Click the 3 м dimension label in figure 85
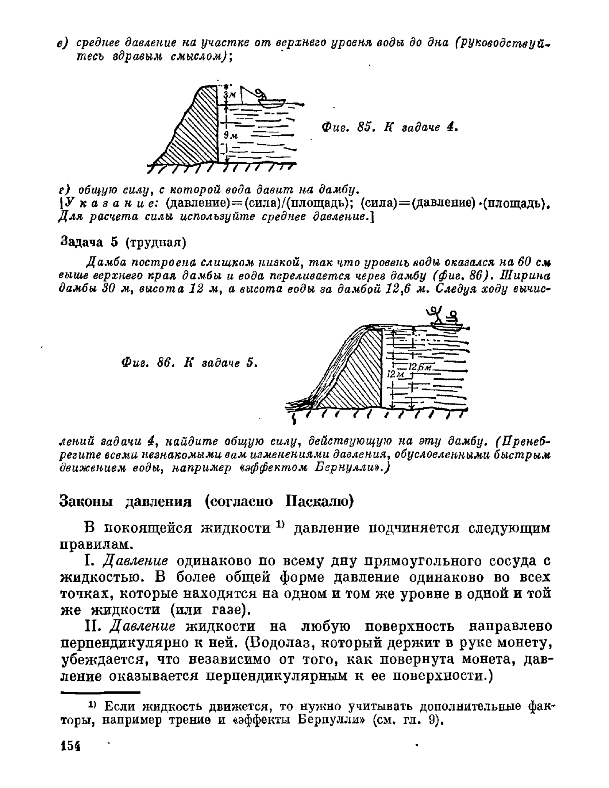(x=230, y=95)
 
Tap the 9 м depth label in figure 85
(x=231, y=135)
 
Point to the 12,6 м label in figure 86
(x=421, y=367)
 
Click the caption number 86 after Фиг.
(x=165, y=363)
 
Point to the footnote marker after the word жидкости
(x=280, y=524)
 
